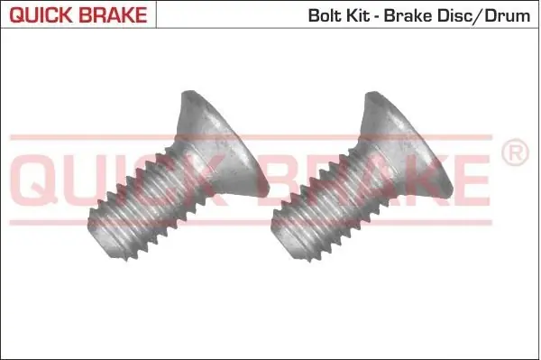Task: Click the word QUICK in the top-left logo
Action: coord(41,14)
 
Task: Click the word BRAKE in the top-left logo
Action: coord(114,14)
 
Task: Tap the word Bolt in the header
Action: coord(321,16)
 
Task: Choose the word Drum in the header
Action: coord(507,16)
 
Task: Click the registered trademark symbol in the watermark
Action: coord(515,152)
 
